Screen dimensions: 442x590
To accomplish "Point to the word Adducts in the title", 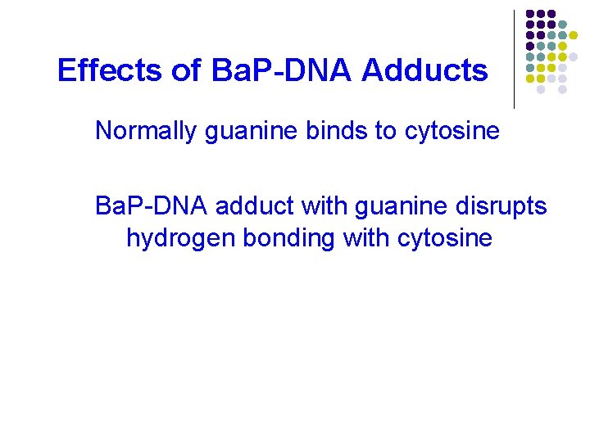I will click(x=424, y=71).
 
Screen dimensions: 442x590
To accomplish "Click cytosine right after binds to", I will click(x=452, y=131).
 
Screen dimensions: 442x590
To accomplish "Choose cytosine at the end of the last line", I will click(x=445, y=238).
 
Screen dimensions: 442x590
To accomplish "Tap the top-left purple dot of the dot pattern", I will click(x=530, y=14).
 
